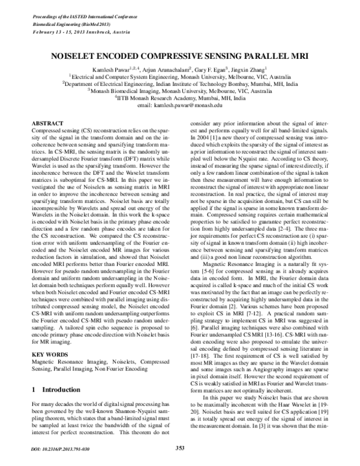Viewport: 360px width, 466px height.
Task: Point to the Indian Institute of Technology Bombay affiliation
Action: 180,85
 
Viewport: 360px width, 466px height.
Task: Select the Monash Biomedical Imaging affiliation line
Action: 180,91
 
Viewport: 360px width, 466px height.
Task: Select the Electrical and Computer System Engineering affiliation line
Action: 180,77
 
